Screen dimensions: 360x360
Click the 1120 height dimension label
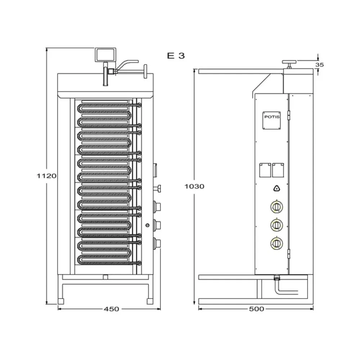click(x=47, y=176)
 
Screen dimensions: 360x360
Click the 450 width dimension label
click(x=112, y=309)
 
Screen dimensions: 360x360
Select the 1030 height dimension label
click(x=194, y=186)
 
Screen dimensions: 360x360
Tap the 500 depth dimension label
click(x=256, y=309)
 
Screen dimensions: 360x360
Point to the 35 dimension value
click(x=319, y=65)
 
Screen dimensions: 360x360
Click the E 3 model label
click(x=176, y=55)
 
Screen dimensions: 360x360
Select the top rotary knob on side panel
click(x=276, y=207)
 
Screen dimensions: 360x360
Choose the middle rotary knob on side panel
click(x=276, y=225)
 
